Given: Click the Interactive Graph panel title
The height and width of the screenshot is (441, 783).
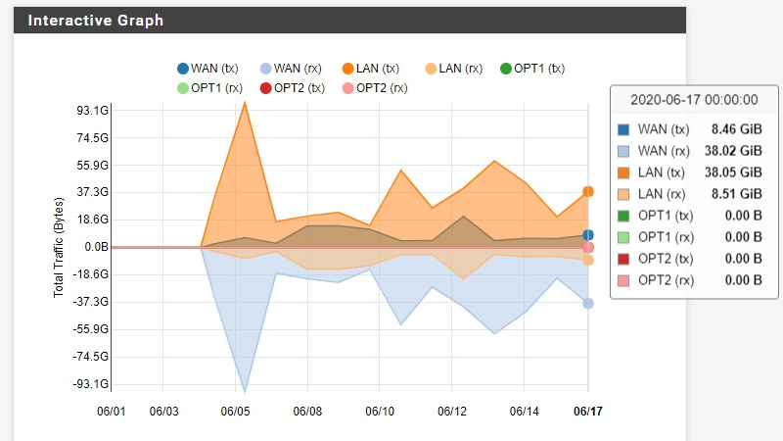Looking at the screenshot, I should click(95, 21).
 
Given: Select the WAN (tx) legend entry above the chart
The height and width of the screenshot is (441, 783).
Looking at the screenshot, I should click(208, 69).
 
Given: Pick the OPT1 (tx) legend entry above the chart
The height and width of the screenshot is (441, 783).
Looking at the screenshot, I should click(532, 69).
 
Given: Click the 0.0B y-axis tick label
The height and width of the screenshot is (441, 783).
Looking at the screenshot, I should click(95, 247).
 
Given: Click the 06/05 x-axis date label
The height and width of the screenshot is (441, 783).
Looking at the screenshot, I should click(239, 412).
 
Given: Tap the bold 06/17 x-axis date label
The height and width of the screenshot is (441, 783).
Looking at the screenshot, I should click(587, 412).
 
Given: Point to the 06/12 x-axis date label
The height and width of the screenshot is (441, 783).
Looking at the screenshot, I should click(450, 412).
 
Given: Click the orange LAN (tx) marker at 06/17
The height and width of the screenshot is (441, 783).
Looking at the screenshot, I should click(588, 192).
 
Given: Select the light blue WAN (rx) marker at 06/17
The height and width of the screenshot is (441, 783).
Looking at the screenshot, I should click(588, 304).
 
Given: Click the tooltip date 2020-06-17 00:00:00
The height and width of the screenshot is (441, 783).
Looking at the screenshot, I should click(694, 100).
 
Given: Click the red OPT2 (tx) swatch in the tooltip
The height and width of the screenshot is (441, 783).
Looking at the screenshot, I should click(624, 259).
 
